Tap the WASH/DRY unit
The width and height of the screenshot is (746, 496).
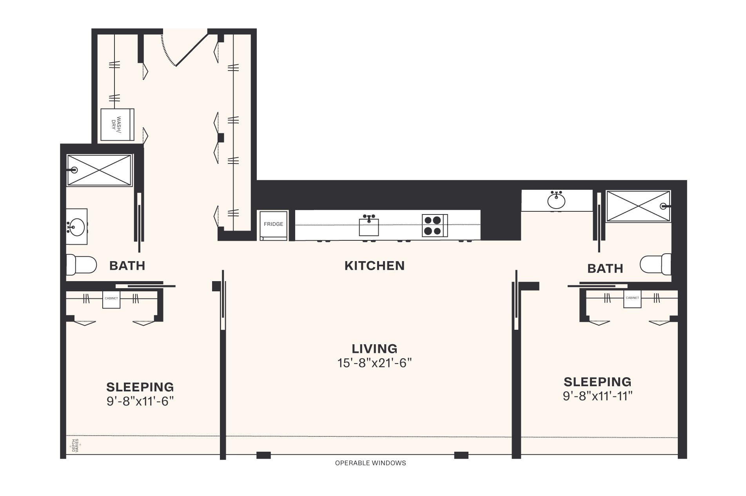click(117, 125)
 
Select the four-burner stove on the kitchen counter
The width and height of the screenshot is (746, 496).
click(435, 225)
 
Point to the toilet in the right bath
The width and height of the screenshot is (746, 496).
click(655, 264)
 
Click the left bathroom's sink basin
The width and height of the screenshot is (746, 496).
click(76, 227)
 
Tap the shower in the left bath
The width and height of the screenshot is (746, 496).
click(99, 170)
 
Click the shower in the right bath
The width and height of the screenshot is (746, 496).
click(638, 206)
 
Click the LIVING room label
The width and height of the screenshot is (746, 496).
click(374, 349)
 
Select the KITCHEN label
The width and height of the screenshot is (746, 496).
click(374, 266)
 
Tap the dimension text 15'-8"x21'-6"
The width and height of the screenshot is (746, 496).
click(374, 363)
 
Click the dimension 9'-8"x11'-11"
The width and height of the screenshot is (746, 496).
click(597, 396)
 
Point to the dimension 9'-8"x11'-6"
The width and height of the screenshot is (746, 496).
click(140, 402)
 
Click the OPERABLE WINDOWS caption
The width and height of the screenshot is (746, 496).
click(370, 463)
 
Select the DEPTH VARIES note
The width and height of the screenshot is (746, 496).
click(75, 446)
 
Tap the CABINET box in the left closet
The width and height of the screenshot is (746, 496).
click(111, 299)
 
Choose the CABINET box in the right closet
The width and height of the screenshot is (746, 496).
click(632, 299)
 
